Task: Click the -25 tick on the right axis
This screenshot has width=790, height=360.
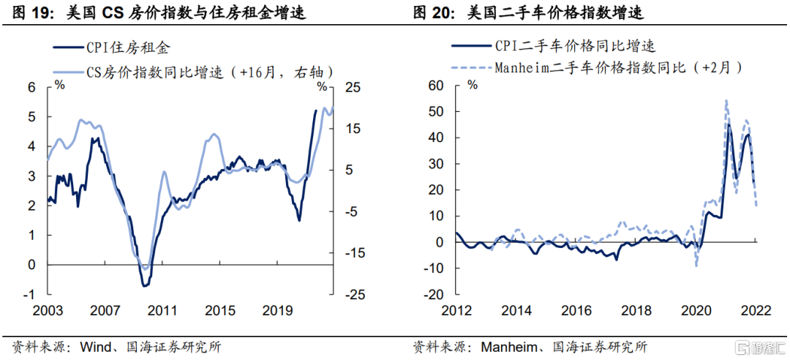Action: [x=353, y=294]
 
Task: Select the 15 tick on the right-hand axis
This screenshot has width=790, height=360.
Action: [x=353, y=128]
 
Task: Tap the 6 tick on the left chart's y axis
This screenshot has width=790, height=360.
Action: [x=31, y=87]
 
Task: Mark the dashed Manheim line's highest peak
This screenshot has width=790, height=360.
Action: [x=726, y=100]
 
